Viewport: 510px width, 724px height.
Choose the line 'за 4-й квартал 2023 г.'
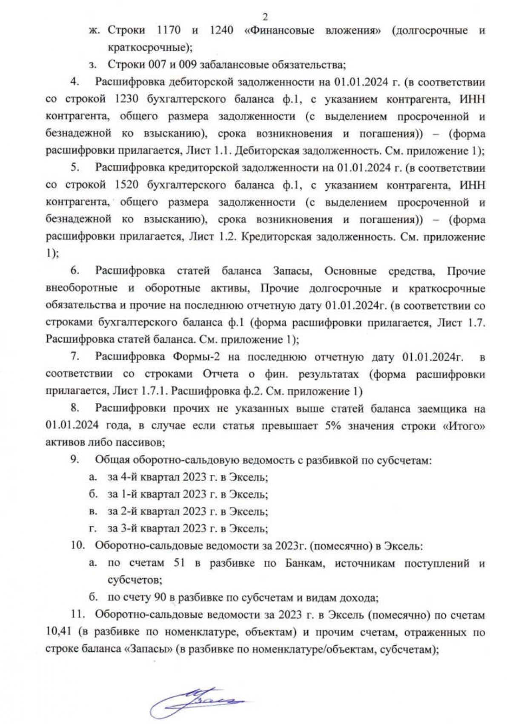click(x=187, y=477)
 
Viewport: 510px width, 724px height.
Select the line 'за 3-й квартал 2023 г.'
click(x=187, y=528)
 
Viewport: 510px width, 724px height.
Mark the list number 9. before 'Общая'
click(x=76, y=460)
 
